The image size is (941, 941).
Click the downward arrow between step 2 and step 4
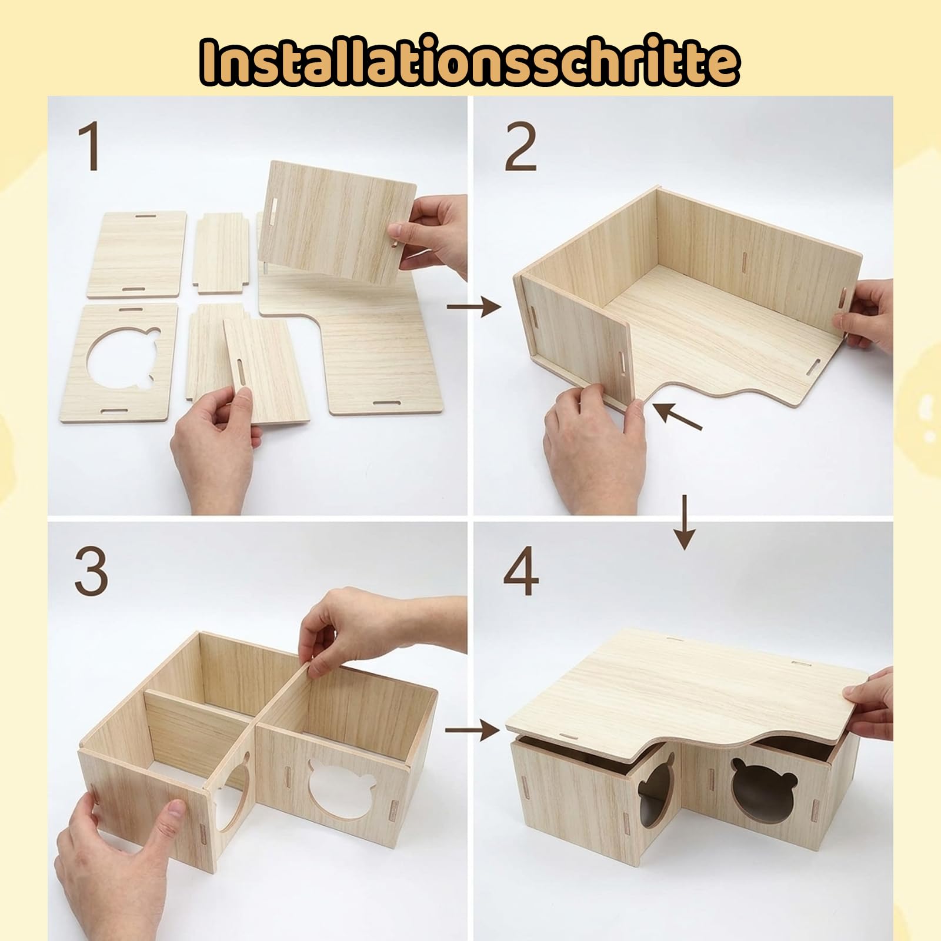pyautogui.click(x=684, y=522)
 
